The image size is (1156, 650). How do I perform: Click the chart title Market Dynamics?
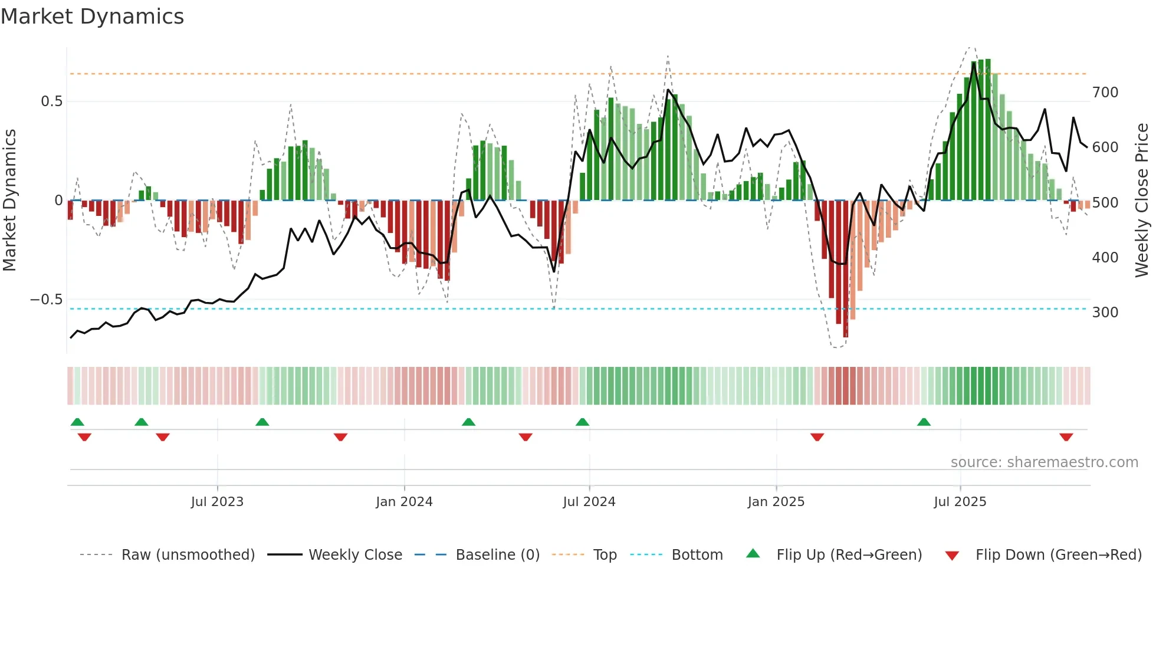(x=93, y=17)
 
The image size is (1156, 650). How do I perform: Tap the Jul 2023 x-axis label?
(x=217, y=502)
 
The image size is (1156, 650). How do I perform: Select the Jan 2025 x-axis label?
(x=776, y=502)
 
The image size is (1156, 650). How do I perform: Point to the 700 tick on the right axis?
(x=1105, y=93)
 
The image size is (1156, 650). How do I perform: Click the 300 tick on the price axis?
(x=1105, y=313)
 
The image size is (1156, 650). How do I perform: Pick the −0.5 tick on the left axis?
(x=47, y=300)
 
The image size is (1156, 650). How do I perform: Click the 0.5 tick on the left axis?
(x=51, y=101)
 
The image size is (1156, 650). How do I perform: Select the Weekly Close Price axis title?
(x=1142, y=201)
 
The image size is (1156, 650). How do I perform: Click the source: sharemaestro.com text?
(x=1044, y=462)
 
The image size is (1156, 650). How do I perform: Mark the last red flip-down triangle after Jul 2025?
(x=1066, y=437)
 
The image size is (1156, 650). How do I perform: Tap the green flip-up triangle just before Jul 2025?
(x=924, y=422)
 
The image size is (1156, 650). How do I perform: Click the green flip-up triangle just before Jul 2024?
(x=582, y=422)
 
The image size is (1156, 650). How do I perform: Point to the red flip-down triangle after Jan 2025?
(x=817, y=437)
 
